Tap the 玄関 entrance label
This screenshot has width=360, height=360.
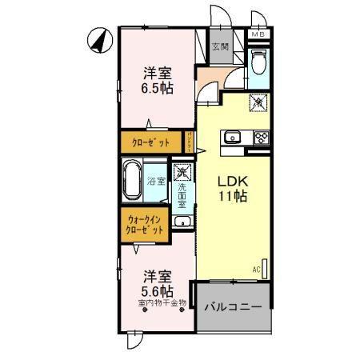click(x=220, y=46)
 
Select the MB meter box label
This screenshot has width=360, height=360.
click(x=259, y=34)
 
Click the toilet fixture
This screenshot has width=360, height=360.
click(x=259, y=62)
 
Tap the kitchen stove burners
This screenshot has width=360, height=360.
click(x=261, y=137)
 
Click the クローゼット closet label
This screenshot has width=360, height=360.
click(x=151, y=142)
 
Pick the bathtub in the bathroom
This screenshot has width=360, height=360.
click(x=131, y=181)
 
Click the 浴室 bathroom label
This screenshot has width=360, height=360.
click(x=156, y=182)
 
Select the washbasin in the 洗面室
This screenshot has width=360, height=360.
click(x=183, y=221)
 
